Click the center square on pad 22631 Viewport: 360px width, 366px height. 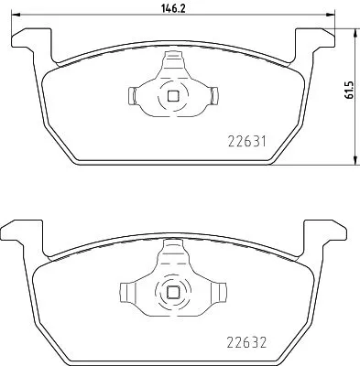(x=171, y=93)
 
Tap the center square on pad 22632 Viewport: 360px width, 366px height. (x=171, y=292)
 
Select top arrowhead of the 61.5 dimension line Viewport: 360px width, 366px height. (x=355, y=29)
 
